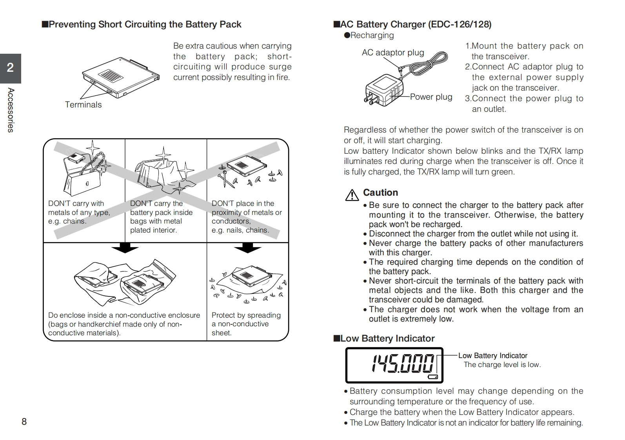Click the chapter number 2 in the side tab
[x=10, y=68]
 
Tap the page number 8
[x=24, y=422]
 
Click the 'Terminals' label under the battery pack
[x=83, y=105]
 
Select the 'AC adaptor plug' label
[x=392, y=53]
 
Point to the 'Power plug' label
[x=431, y=97]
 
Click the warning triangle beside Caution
[x=352, y=195]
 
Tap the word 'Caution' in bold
[x=380, y=193]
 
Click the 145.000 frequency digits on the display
[x=403, y=363]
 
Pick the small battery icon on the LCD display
[x=433, y=377]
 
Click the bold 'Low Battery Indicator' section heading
[x=387, y=338]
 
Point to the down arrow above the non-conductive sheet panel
[x=247, y=248]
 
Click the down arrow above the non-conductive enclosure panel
[x=125, y=248]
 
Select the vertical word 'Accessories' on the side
[x=11, y=110]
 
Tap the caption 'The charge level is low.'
[x=502, y=365]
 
